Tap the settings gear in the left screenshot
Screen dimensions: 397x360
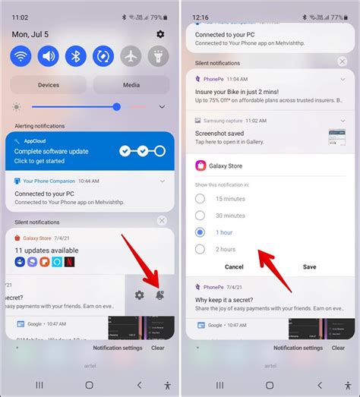point(160,34)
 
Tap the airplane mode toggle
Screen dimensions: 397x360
point(131,55)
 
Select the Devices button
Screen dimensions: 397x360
point(49,85)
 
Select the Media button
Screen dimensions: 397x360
point(131,85)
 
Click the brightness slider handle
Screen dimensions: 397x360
point(118,107)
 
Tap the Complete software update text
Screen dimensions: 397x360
point(50,151)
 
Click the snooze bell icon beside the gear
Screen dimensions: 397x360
point(160,295)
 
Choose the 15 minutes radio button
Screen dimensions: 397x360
point(201,198)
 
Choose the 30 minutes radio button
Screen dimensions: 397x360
point(201,215)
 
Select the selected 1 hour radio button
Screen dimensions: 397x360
point(201,232)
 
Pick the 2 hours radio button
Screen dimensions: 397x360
point(201,249)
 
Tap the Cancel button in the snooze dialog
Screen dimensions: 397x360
point(234,266)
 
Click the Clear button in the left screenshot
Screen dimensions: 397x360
point(157,348)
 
